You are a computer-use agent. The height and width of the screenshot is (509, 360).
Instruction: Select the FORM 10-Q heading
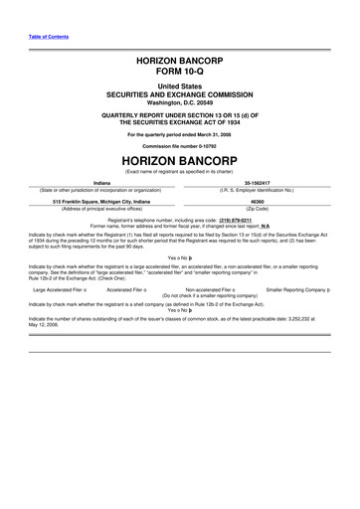tap(179, 73)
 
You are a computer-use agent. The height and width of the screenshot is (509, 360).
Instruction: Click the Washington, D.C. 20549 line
tap(179, 102)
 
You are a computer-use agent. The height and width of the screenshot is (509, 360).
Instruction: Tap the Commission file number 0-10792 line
tap(179, 141)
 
